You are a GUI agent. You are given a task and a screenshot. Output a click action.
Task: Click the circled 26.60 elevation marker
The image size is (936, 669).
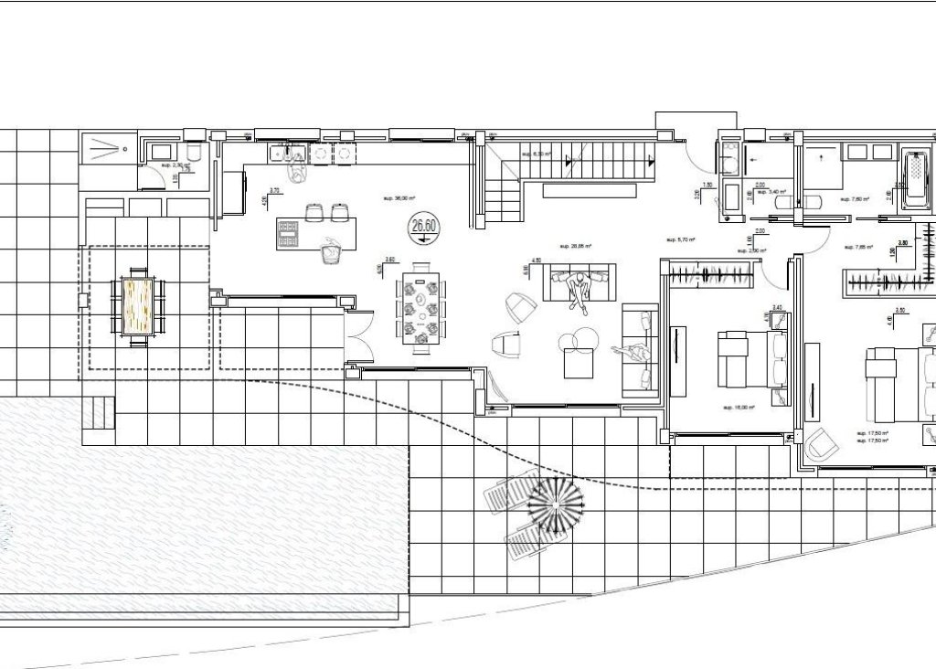coord(423,227)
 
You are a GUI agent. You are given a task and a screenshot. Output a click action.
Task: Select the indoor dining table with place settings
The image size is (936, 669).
coord(421,308)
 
